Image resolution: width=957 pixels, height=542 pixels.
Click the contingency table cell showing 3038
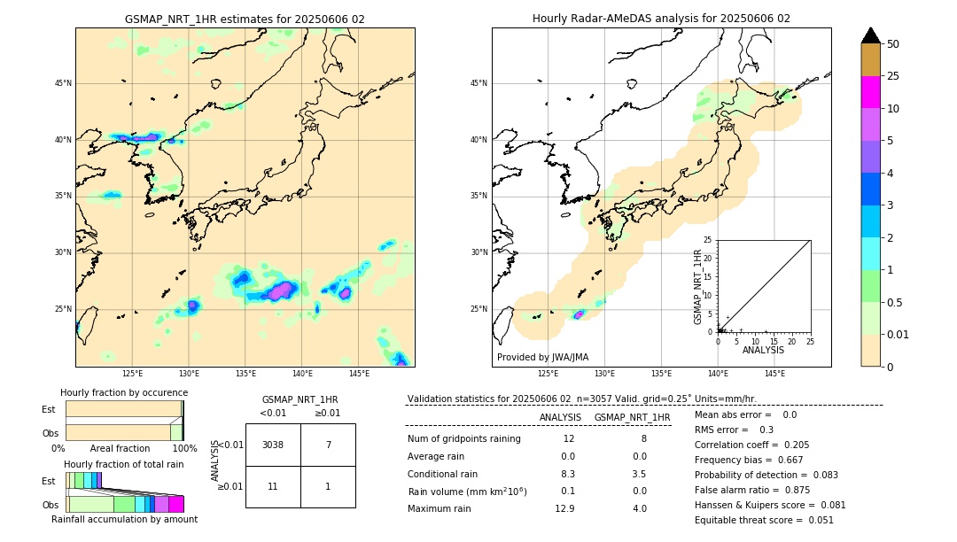click(273, 445)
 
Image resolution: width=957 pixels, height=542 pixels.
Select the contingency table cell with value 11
click(273, 486)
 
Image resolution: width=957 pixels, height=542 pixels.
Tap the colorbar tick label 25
click(893, 76)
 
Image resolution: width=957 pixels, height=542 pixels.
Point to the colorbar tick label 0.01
click(899, 334)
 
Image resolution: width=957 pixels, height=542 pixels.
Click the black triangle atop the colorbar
click(871, 35)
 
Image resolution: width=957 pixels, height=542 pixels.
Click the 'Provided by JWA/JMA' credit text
click(542, 357)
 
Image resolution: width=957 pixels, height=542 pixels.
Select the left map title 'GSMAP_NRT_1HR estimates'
click(245, 19)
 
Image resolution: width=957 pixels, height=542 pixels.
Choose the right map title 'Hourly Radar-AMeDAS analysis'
click(661, 19)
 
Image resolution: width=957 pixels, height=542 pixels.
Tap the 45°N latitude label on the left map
click(63, 83)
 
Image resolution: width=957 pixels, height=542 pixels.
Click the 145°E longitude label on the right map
click(774, 374)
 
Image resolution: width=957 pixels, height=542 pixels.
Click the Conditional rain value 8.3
click(568, 474)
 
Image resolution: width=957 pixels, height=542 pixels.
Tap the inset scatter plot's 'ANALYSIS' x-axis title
click(763, 351)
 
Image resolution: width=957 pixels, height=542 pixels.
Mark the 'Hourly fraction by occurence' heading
click(124, 392)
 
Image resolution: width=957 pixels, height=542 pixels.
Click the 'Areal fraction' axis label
click(120, 448)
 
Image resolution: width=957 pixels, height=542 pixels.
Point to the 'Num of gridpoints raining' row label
click(464, 438)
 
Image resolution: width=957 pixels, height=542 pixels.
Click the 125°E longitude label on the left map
click(133, 374)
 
